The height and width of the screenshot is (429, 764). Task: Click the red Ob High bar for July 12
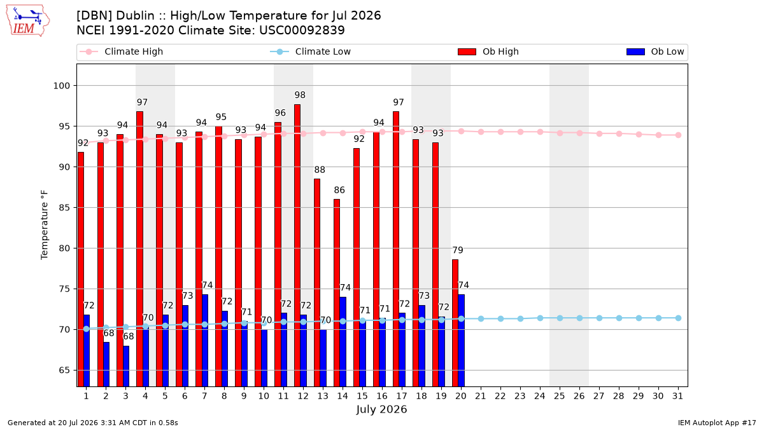297,245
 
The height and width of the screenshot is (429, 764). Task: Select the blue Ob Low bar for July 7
205,341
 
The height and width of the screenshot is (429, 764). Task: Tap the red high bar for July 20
455,323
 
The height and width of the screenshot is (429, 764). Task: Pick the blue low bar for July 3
126,366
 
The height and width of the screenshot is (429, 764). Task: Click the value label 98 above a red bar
300,95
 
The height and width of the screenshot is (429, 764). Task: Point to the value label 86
339,190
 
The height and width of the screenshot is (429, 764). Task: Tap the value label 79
458,250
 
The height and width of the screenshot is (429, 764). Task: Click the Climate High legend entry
122,51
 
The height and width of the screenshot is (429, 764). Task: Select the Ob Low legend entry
655,51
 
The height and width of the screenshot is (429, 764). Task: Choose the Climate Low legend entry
311,51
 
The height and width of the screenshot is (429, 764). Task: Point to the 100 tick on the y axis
61,86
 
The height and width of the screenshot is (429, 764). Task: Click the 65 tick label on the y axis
64,370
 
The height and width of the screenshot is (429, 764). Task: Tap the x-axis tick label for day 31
677,396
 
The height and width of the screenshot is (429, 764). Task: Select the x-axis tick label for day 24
540,396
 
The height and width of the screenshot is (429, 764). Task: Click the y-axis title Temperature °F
45,225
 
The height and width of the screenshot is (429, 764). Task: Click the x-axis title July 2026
381,409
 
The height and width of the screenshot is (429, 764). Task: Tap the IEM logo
28,21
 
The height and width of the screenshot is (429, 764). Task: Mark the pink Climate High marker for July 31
678,135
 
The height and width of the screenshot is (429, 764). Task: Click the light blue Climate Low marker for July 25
560,318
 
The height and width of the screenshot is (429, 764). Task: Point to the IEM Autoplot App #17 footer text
717,423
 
